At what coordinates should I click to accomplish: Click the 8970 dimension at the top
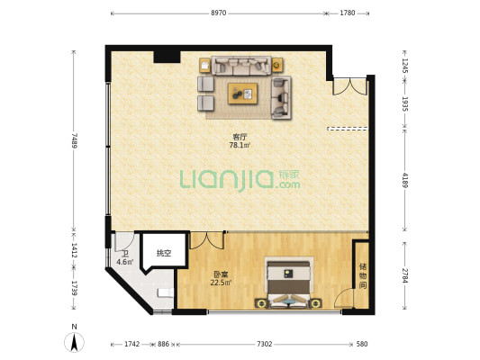tap(218, 13)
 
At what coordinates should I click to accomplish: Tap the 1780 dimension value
tap(348, 13)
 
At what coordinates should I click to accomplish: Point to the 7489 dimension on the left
tap(74, 140)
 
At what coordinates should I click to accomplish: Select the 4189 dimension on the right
tap(405, 180)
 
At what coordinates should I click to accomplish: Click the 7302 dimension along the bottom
tap(264, 344)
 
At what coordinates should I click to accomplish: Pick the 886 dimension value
tap(163, 344)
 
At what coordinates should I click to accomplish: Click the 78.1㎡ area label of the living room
tap(240, 145)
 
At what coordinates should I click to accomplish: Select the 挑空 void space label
tap(164, 253)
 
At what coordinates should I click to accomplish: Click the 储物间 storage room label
tap(363, 276)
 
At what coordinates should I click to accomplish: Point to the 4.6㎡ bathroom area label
tap(125, 262)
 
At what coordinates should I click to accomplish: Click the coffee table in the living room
tap(242, 94)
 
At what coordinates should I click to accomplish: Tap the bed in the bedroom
tap(288, 283)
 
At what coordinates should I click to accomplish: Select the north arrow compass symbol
tap(74, 342)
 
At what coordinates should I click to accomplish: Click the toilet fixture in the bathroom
tap(166, 292)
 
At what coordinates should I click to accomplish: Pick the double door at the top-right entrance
tap(350, 86)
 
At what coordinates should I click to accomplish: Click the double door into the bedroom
tap(207, 240)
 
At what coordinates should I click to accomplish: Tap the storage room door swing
tap(343, 298)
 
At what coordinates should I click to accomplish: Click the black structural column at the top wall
tap(167, 57)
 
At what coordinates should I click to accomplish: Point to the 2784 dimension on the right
tap(405, 275)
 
